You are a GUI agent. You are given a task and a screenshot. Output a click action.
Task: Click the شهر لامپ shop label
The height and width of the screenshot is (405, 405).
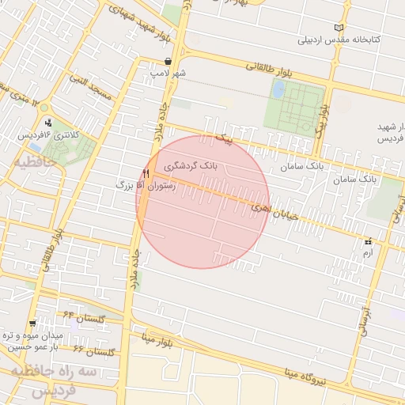coord(169,73)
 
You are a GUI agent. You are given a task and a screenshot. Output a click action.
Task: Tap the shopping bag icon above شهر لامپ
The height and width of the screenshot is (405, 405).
coord(168,61)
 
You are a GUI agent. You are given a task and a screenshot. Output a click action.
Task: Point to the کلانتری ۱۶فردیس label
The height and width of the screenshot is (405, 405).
coord(49,135)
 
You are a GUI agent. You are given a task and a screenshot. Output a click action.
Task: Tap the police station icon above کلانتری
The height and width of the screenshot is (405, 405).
coord(49,123)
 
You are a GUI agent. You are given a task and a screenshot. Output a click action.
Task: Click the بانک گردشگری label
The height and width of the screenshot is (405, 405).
coord(193,167)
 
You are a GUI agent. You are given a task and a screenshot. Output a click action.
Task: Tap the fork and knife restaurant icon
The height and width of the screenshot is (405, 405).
coord(146,173)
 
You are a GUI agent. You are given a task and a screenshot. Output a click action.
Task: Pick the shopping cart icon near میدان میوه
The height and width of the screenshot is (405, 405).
coord(32,323)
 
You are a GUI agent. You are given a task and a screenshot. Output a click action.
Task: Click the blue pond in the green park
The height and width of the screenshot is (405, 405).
coord(278,89)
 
